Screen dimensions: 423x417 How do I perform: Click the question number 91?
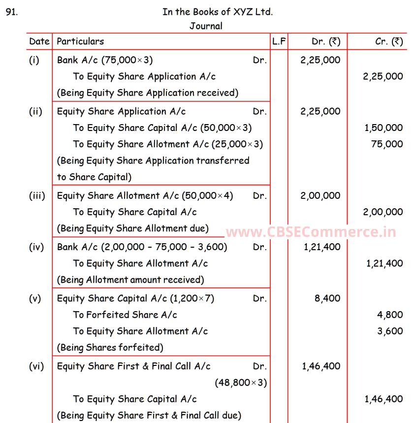tap(12, 12)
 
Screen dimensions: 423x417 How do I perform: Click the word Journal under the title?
tap(206, 26)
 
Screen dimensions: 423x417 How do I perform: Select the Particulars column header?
tap(80, 41)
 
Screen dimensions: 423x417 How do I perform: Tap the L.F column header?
tap(279, 41)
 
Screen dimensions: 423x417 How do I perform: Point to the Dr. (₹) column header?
tap(326, 41)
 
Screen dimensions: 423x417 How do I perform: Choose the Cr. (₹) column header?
tap(389, 41)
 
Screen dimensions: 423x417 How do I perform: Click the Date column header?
tap(39, 41)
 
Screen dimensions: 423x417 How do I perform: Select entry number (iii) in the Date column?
tap(37, 195)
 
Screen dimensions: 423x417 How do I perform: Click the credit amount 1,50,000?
tap(384, 128)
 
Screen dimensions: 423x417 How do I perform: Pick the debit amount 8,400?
tap(327, 298)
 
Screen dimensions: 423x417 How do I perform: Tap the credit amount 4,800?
tap(390, 315)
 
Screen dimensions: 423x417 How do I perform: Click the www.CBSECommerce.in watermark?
tap(311, 231)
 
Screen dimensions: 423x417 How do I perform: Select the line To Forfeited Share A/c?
tap(125, 315)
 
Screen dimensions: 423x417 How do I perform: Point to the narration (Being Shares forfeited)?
tap(110, 347)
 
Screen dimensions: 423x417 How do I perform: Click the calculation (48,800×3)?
tap(241, 383)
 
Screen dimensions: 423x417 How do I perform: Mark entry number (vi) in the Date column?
tap(36, 366)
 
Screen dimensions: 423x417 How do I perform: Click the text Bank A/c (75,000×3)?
tap(105, 60)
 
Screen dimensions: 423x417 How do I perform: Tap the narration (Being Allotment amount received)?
tap(130, 280)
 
